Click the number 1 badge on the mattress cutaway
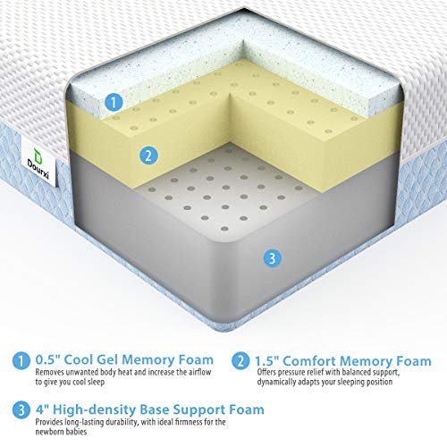tap(113, 103)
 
